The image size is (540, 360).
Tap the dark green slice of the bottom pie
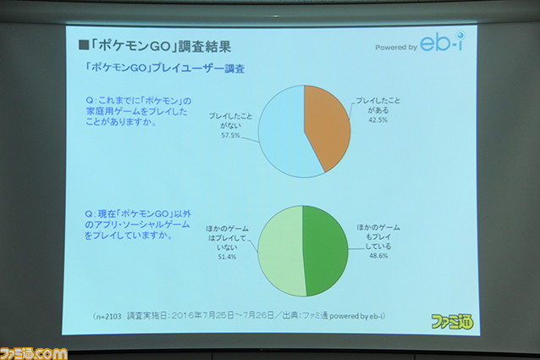click(326, 251)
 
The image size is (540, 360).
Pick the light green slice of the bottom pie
click(281, 252)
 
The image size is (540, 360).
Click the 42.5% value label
click(377, 120)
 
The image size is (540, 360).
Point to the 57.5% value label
click(230, 136)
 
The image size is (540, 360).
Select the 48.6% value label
click(378, 256)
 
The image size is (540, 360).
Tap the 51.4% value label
click(227, 257)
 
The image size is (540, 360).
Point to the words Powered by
click(396, 47)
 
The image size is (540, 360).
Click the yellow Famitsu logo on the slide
click(452, 321)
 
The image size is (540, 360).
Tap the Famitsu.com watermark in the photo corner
click(33, 354)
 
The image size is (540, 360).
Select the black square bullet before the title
click(83, 45)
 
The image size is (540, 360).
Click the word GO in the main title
click(160, 47)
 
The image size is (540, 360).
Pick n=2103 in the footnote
click(108, 316)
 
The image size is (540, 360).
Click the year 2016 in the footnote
click(181, 316)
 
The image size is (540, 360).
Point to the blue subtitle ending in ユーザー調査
click(165, 68)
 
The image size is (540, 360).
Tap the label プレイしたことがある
click(377, 105)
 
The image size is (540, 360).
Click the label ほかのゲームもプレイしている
click(378, 237)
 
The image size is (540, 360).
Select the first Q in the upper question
click(89, 101)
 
